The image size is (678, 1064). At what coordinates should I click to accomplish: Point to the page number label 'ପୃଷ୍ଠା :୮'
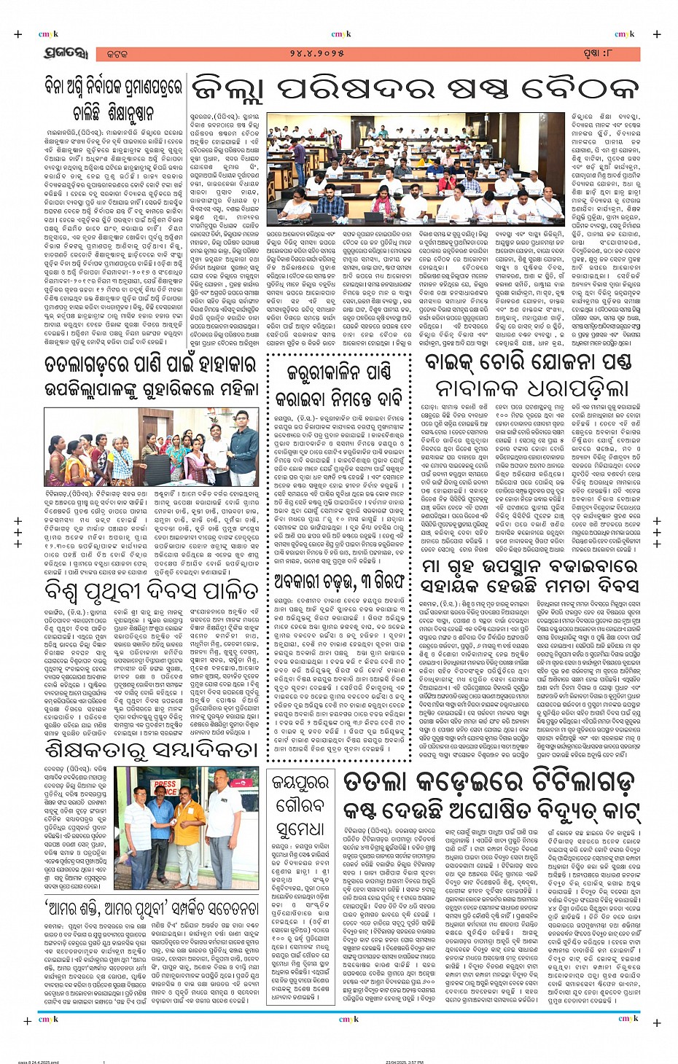pos(609,55)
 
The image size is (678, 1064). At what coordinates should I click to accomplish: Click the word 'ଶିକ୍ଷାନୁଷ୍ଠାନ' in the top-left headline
pos(113,114)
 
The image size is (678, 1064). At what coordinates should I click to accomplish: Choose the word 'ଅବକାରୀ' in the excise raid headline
pos(310,582)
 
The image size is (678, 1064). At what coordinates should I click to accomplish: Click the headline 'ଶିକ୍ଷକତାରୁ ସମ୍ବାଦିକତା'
pos(150,748)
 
